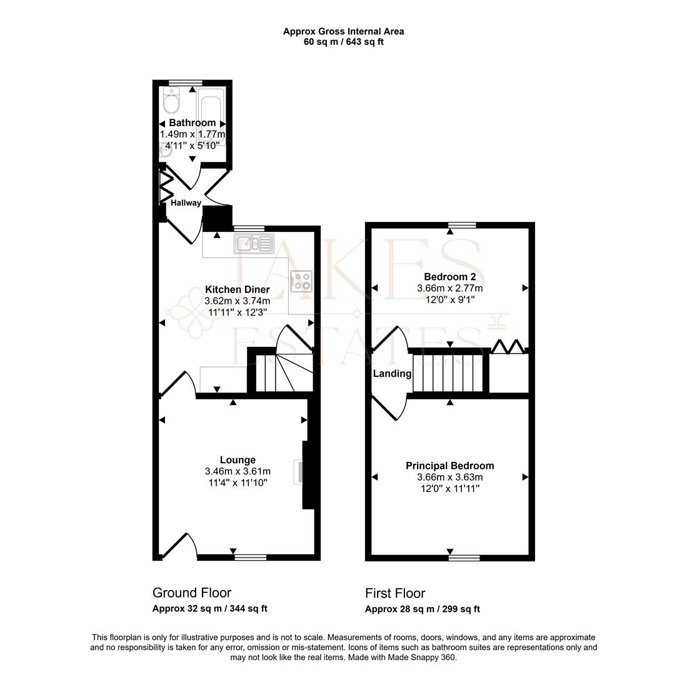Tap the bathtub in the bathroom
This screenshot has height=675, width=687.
[211, 116]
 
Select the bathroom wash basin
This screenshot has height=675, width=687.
[166, 149]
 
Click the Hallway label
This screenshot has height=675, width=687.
[186, 202]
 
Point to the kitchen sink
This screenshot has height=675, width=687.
[254, 243]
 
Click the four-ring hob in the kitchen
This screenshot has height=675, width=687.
[301, 281]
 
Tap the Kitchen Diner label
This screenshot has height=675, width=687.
[238, 289]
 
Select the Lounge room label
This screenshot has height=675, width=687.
[238, 460]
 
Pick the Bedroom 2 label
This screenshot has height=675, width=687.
[449, 277]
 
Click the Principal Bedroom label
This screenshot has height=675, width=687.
[449, 466]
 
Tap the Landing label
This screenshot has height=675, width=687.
[392, 374]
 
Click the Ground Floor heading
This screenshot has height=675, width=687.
[192, 592]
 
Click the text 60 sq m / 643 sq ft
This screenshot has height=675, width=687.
[343, 42]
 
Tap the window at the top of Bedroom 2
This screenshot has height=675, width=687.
[462, 225]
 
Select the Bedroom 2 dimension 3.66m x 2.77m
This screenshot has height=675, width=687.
[449, 288]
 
